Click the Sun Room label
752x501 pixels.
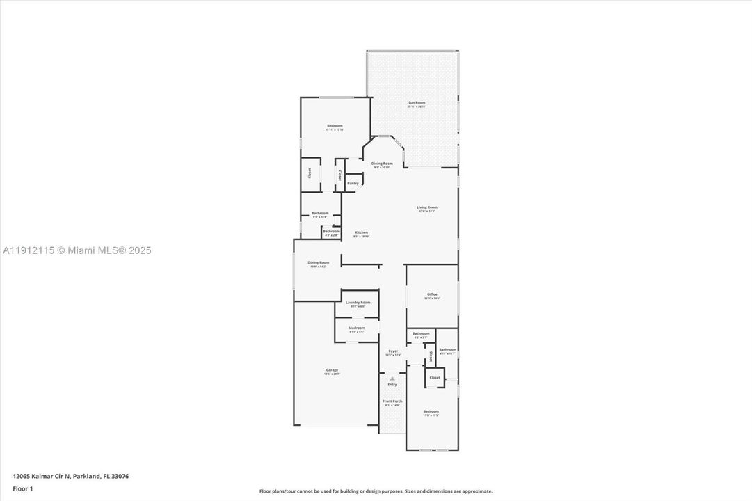416,103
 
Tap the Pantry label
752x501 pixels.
353,183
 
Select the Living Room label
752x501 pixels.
426,207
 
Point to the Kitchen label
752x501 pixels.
361,232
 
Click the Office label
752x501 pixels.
432,294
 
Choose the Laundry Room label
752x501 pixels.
358,303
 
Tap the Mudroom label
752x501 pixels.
356,328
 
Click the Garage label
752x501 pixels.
332,370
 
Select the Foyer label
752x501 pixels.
393,351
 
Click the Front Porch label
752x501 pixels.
392,401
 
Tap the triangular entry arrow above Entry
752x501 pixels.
392,379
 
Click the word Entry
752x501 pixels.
392,385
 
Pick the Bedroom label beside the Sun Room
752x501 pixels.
335,126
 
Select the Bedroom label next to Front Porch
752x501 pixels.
431,411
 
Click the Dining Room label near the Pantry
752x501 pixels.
382,164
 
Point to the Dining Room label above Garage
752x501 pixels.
318,262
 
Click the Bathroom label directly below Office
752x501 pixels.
421,333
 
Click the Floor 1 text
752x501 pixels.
23,488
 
